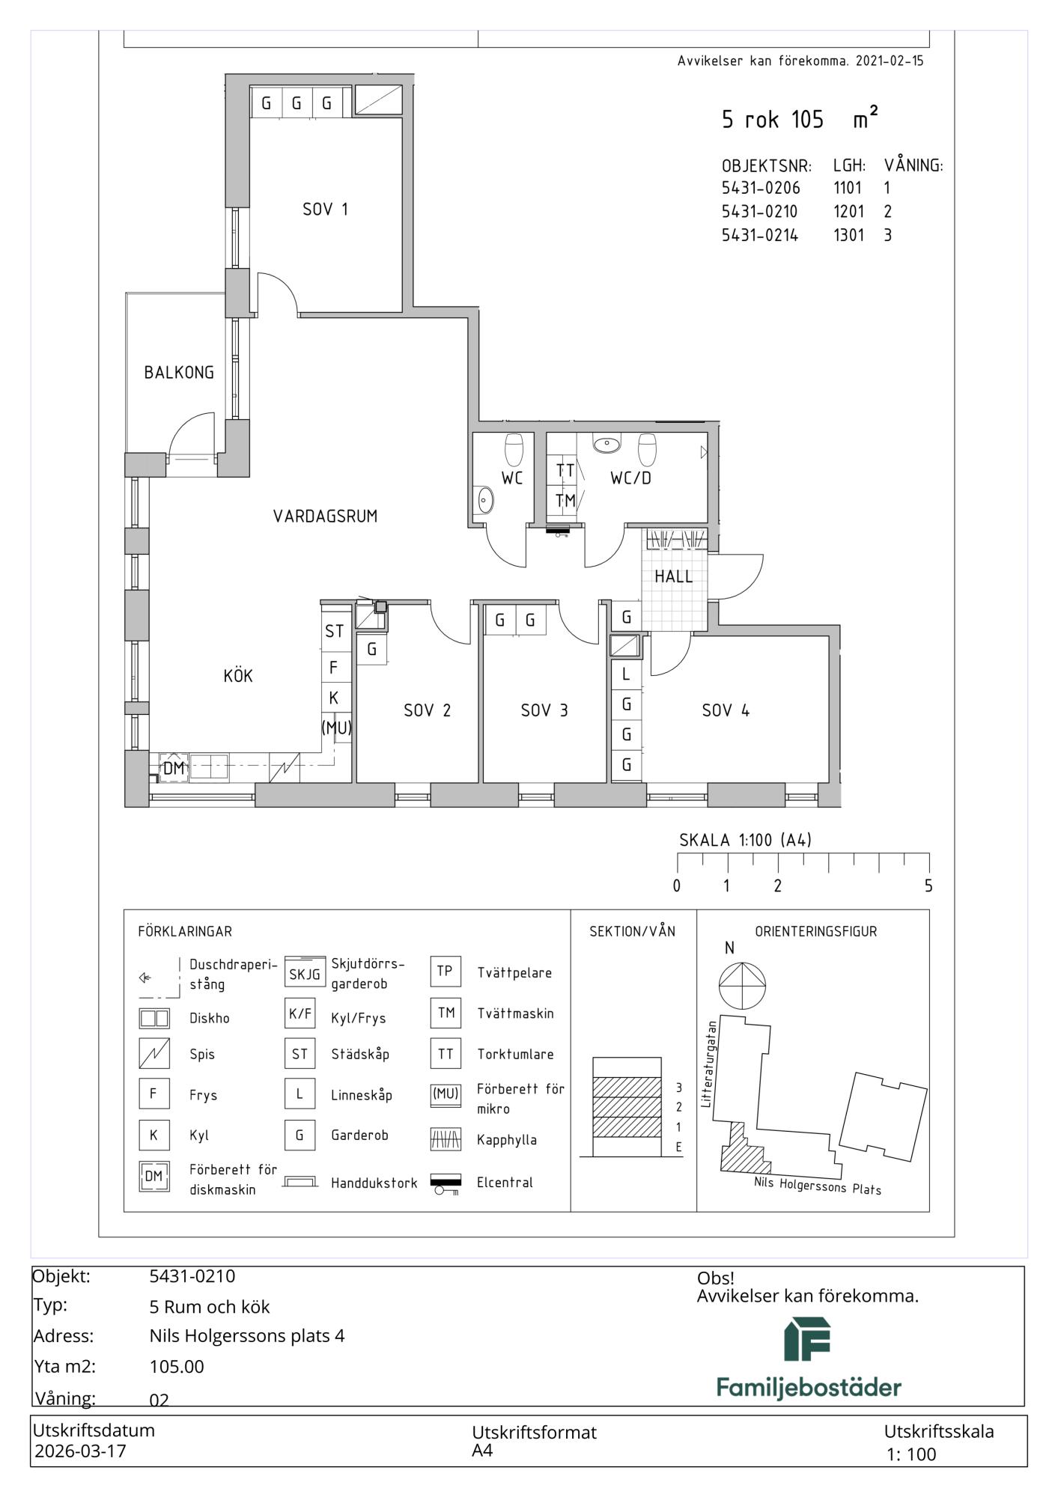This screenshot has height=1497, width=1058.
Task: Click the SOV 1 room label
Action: click(325, 210)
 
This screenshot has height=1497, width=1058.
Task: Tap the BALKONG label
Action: click(179, 372)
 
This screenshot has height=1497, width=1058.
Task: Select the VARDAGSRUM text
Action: click(325, 516)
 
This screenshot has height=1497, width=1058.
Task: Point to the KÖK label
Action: click(238, 676)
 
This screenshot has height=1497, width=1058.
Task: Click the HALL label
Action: click(674, 576)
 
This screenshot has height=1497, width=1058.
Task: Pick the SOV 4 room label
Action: click(726, 710)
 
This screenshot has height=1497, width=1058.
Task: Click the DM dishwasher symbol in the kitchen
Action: click(174, 768)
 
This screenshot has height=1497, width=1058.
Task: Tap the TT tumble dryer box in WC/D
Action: click(565, 471)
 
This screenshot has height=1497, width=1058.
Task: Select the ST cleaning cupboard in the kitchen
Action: click(334, 631)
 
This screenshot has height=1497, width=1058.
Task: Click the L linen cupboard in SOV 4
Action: click(627, 674)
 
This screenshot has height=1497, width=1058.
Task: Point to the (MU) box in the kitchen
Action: click(336, 727)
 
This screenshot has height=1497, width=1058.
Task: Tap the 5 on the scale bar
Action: click(928, 886)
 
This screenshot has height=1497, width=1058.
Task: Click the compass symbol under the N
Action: click(742, 985)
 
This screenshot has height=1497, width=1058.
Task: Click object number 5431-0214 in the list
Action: click(760, 235)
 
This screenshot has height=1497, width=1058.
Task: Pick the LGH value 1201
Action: click(848, 211)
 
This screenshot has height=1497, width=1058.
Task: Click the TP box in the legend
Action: click(445, 971)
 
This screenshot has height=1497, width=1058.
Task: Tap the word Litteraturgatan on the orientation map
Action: click(710, 1063)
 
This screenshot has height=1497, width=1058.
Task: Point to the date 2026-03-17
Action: click(81, 1451)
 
